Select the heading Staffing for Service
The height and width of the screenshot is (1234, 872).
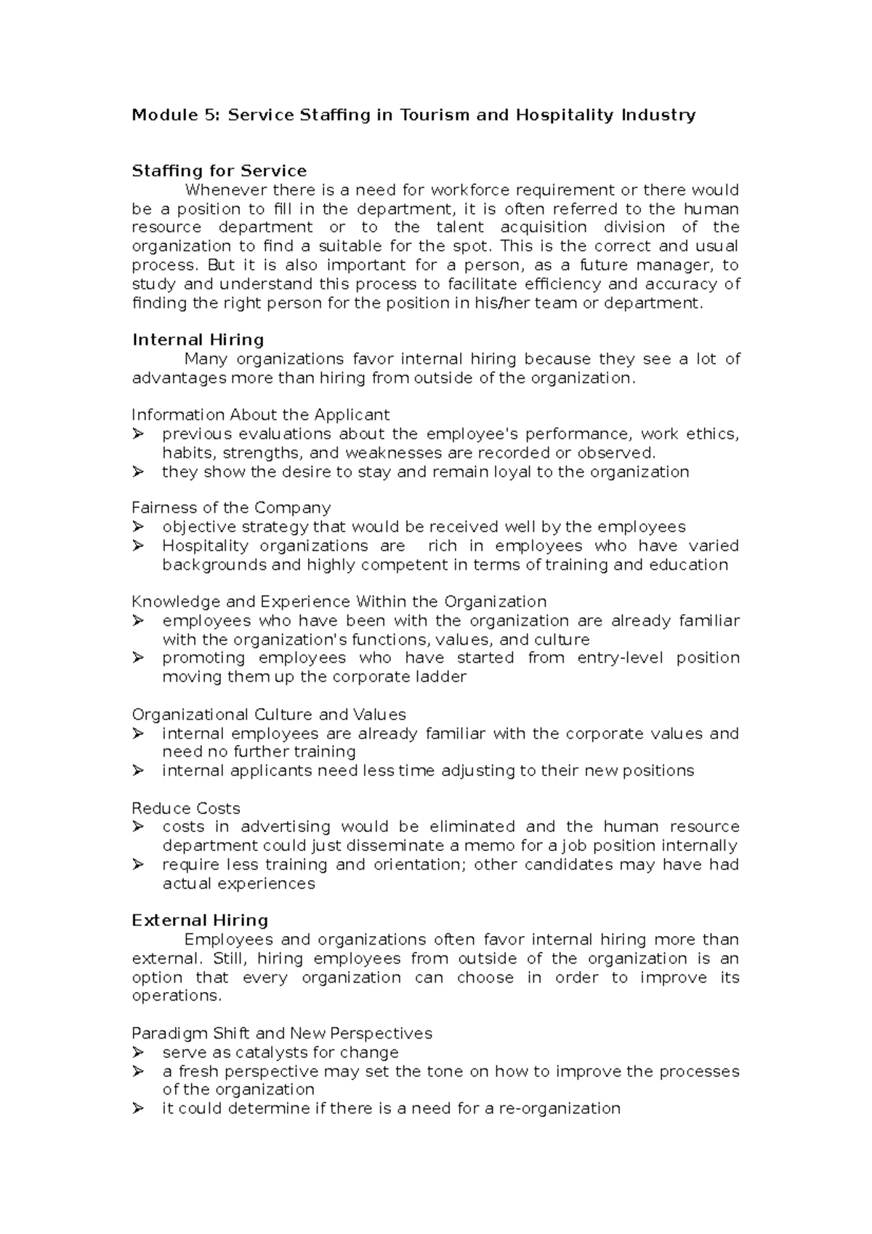219,172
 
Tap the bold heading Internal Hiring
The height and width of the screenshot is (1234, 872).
198,340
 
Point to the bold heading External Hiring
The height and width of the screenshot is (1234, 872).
200,921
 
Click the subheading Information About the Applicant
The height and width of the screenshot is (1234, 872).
260,415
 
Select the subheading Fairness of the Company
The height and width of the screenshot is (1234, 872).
231,508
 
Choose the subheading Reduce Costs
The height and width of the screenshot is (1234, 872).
186,808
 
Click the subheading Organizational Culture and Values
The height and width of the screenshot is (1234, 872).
269,714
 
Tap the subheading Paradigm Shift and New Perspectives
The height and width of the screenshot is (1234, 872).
282,1033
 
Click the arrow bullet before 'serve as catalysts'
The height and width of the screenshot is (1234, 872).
138,1052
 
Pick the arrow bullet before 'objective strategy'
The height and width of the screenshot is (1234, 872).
138,527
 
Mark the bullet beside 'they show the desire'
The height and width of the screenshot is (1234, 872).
138,472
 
